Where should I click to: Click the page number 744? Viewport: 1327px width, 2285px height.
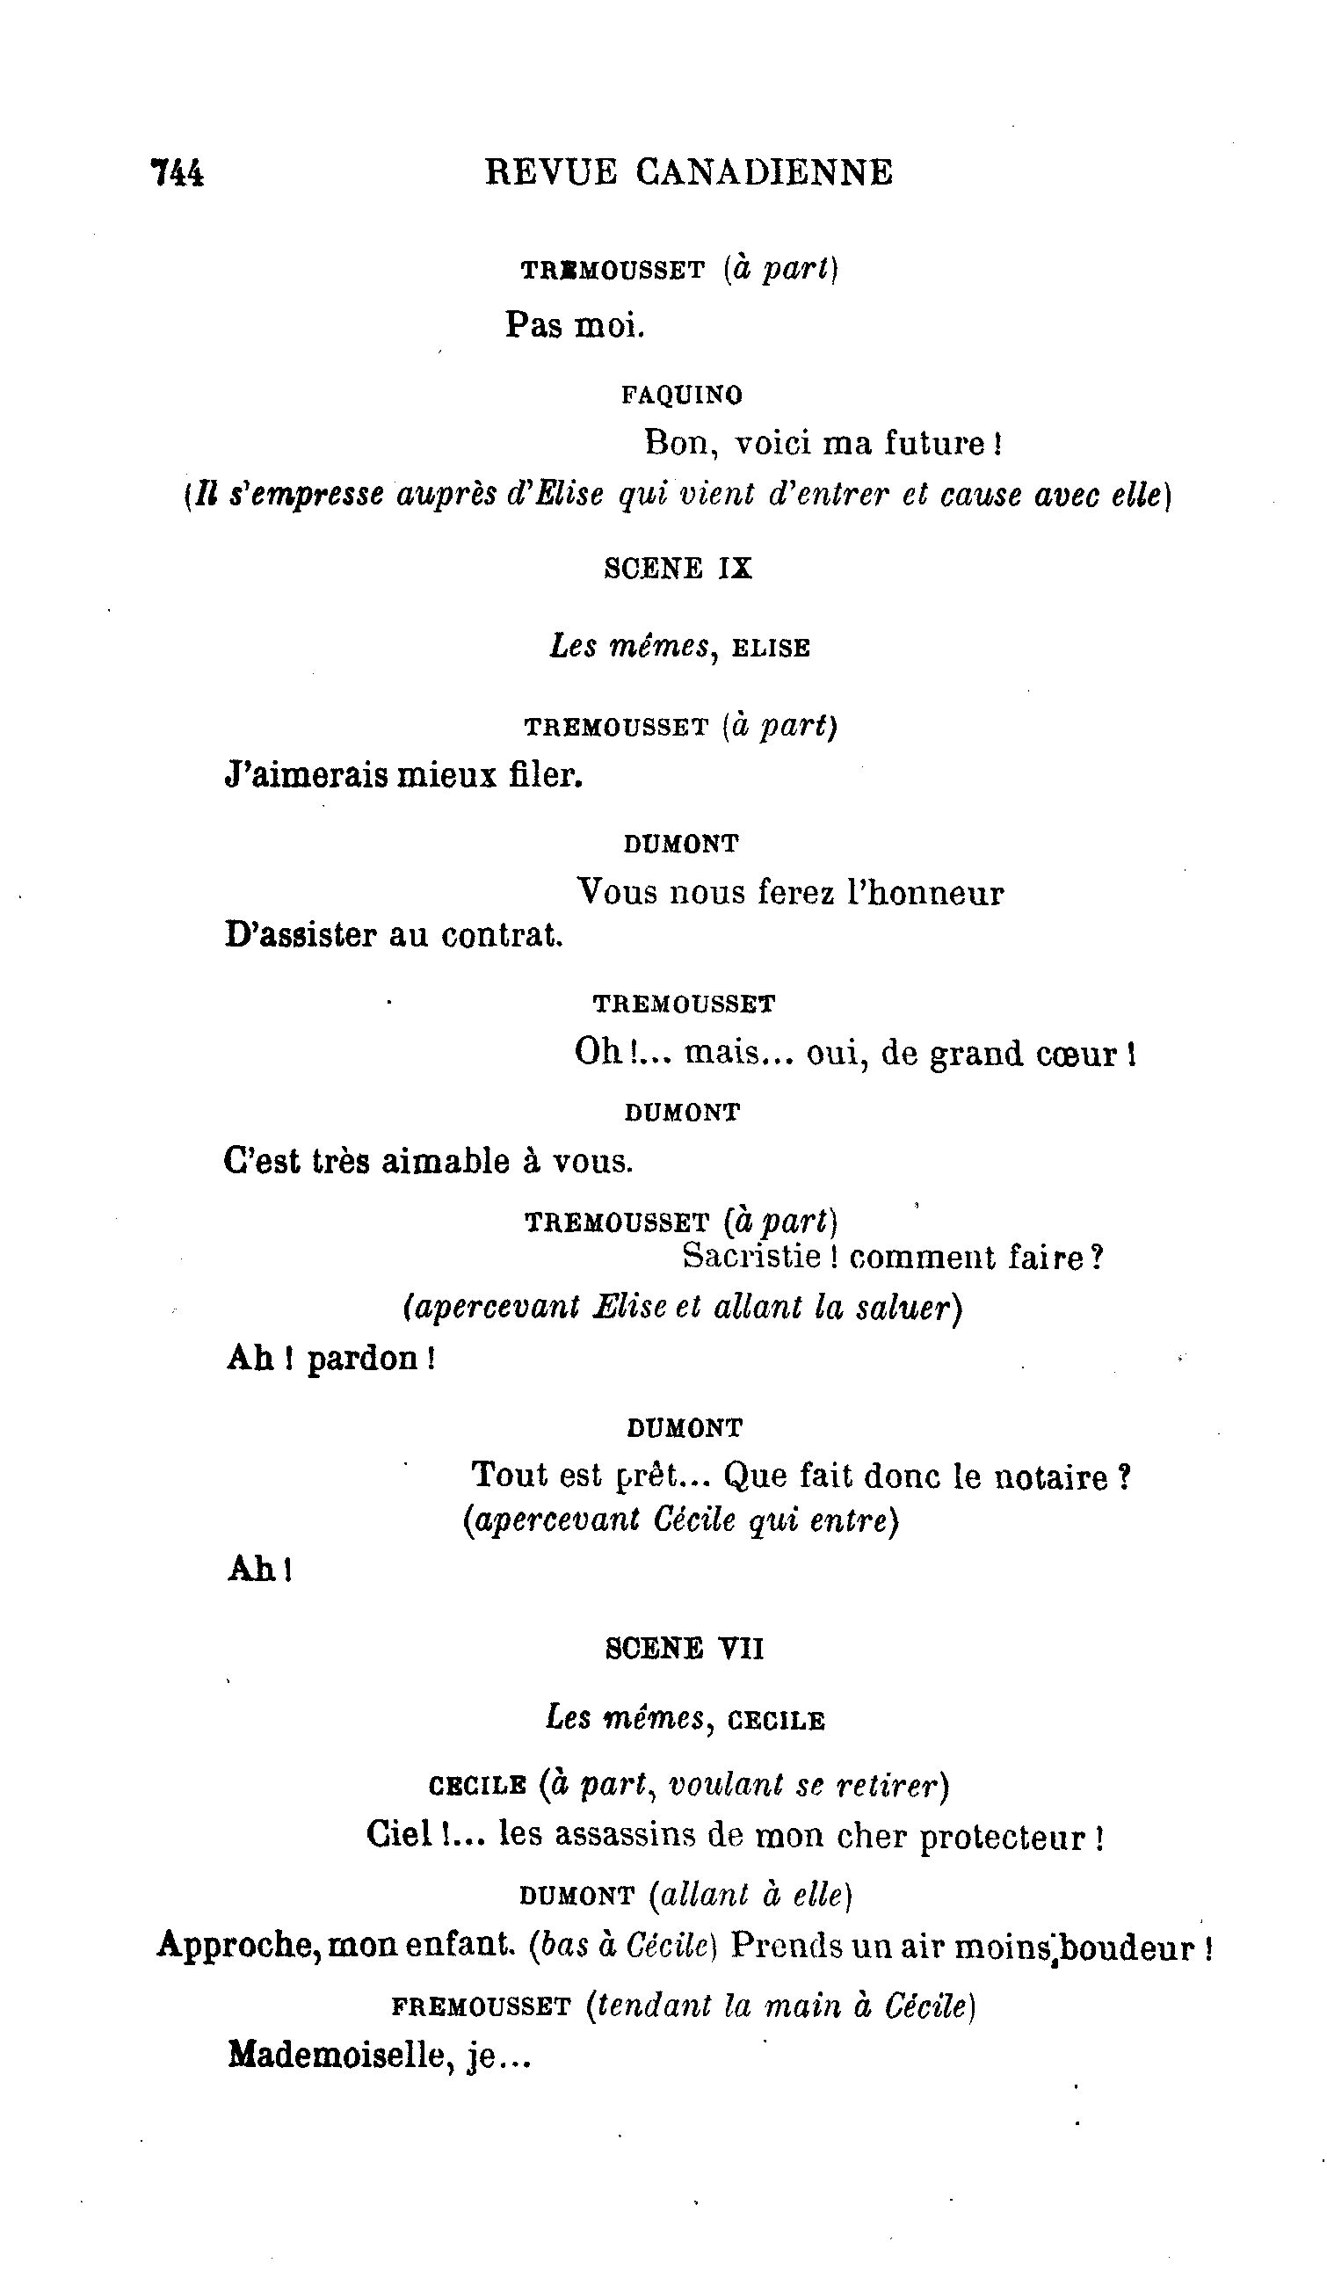(x=178, y=172)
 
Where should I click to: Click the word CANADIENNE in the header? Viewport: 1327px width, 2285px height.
(x=763, y=172)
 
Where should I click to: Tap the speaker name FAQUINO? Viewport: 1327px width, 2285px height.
(x=682, y=395)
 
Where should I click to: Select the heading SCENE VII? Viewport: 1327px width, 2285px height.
(x=685, y=1649)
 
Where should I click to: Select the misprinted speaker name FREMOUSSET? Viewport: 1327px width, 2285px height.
(x=481, y=2006)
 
